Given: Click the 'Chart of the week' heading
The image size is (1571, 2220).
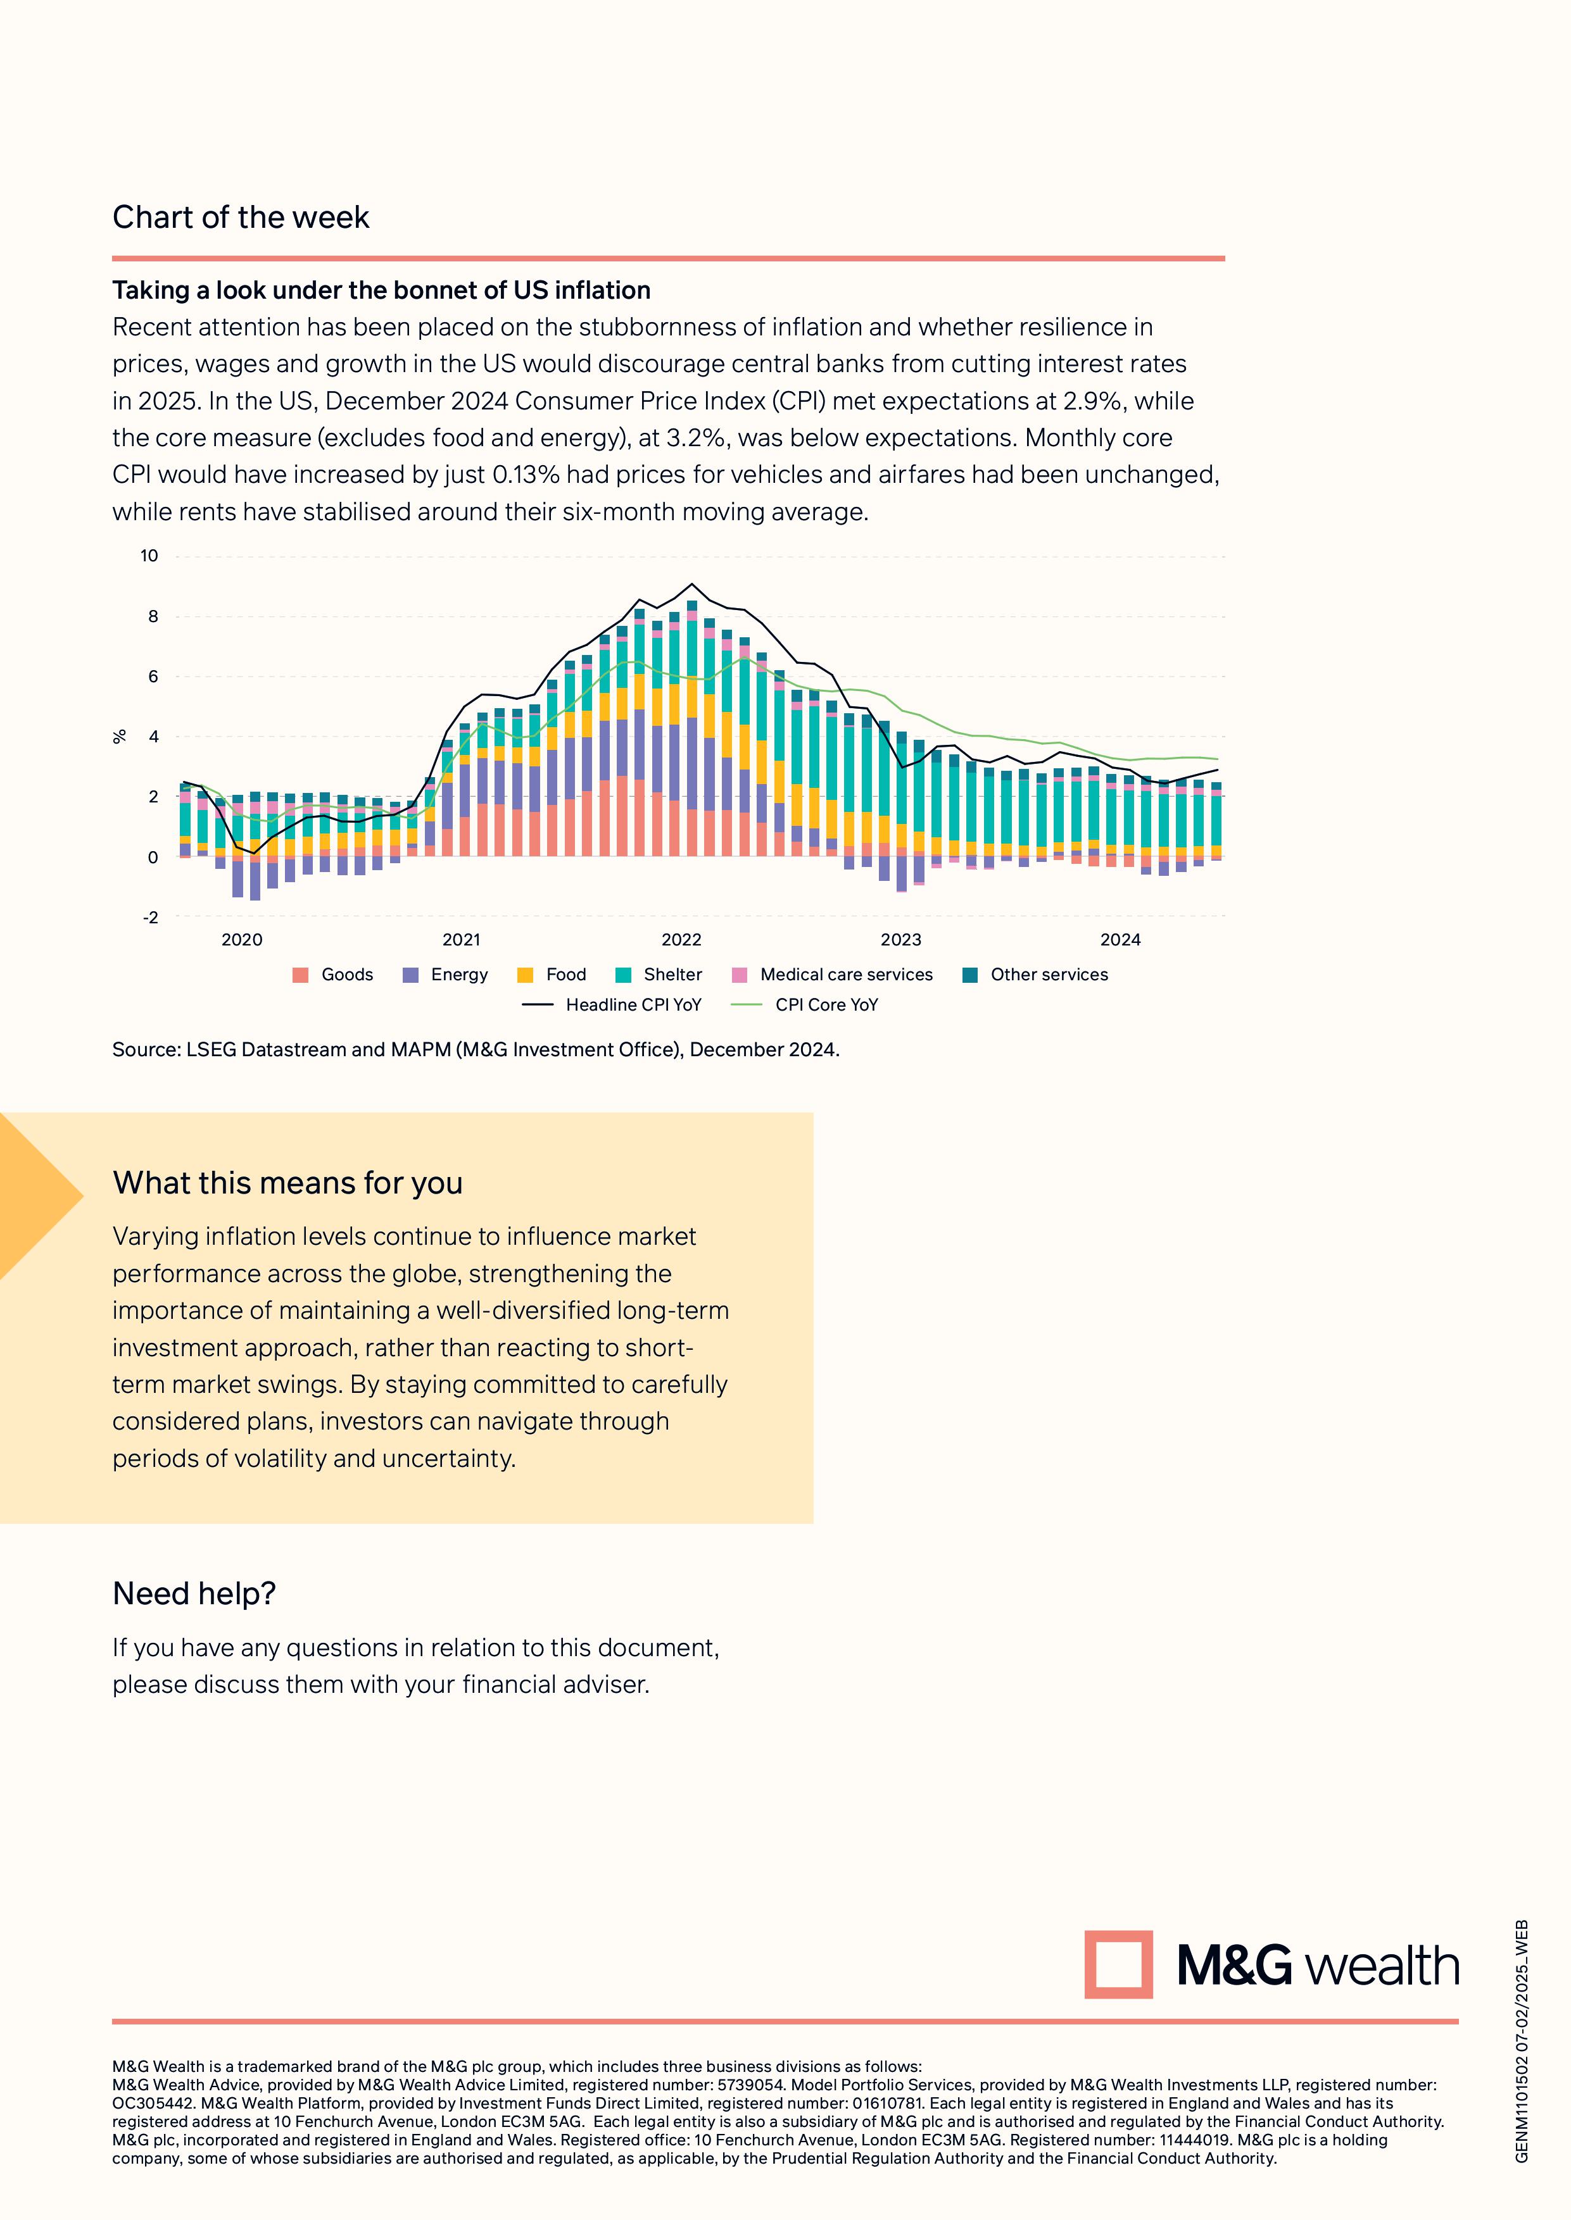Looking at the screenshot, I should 241,218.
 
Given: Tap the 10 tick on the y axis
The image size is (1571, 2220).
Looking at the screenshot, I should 149,556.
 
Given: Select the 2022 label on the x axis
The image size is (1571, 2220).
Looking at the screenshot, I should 681,940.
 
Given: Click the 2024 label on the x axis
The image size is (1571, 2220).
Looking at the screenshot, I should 1120,940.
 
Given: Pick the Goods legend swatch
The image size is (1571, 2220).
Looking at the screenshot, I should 301,975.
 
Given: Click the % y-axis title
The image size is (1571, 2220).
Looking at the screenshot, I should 120,737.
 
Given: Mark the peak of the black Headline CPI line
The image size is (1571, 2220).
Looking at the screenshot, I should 691,584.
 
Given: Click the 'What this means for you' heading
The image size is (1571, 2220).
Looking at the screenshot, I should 287,1183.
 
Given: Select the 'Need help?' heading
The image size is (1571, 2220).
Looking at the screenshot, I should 194,1593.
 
